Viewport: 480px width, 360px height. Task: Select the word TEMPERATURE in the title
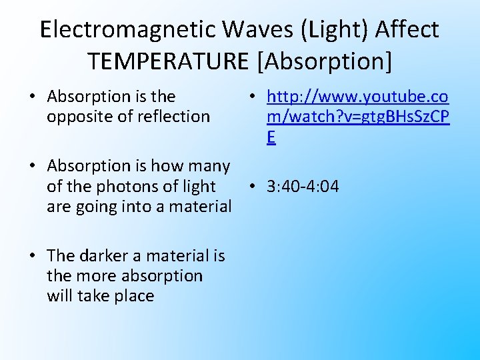click(x=169, y=61)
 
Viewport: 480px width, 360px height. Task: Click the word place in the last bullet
click(x=133, y=296)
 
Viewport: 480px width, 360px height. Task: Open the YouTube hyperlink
click(x=357, y=117)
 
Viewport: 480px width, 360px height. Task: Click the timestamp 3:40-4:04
click(x=303, y=187)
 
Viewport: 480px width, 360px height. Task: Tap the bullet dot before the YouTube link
click(x=254, y=97)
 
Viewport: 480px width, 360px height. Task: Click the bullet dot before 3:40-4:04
click(x=254, y=187)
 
